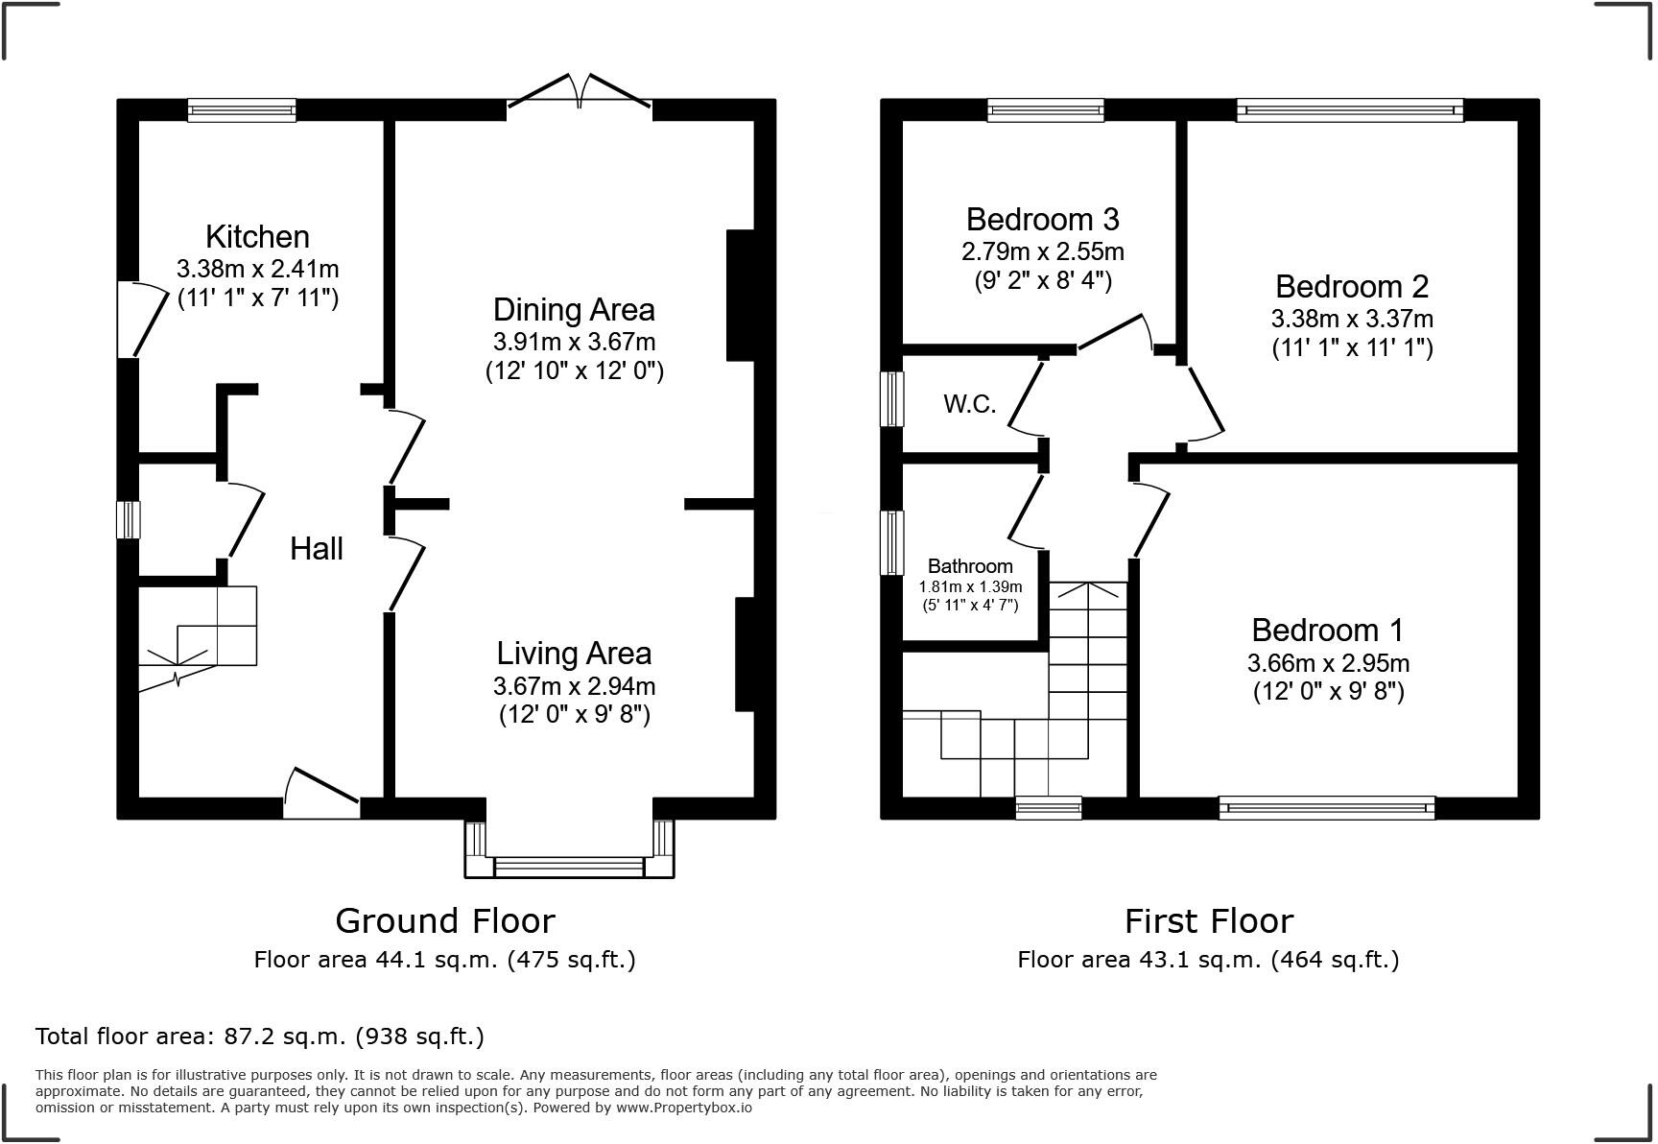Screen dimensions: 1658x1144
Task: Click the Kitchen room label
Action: [257, 236]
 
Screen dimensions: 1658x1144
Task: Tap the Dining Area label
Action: [574, 309]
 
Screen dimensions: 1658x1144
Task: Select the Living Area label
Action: [574, 653]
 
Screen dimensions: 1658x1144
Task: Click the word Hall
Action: [317, 549]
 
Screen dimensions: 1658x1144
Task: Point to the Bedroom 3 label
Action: [1042, 220]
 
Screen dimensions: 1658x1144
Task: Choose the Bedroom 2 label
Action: [1352, 286]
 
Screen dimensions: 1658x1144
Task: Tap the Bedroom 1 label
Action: [1327, 630]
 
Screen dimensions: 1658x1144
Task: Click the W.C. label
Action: [970, 404]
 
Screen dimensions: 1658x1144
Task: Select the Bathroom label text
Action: [970, 566]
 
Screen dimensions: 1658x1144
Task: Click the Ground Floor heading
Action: [445, 921]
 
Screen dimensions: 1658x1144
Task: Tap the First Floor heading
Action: [1209, 921]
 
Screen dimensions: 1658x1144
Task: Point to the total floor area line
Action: [260, 1037]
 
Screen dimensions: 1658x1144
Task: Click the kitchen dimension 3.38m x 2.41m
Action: [257, 269]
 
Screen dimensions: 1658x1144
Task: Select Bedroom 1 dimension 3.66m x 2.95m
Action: [1328, 662]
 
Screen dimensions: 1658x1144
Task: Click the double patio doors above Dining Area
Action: [580, 89]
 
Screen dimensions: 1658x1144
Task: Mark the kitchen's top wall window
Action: [242, 110]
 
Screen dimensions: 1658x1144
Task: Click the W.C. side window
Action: [893, 398]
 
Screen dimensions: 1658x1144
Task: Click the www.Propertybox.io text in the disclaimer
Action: [684, 1108]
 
